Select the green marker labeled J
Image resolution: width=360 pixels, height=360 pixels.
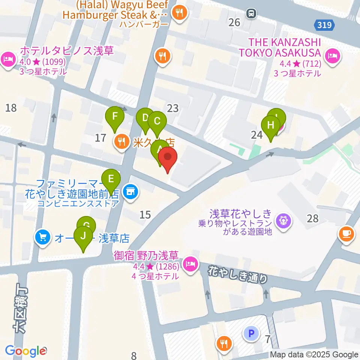click(x=83, y=237)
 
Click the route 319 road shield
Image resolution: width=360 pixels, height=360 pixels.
click(x=324, y=25)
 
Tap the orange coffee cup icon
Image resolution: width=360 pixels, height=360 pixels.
click(x=346, y=234)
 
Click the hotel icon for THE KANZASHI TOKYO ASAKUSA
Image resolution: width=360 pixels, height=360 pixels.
click(x=332, y=57)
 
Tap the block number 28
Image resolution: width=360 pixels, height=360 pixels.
click(x=312, y=218)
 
